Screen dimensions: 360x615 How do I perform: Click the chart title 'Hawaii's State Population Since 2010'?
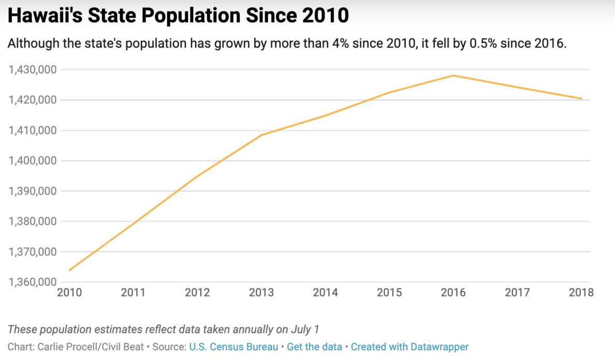click(179, 16)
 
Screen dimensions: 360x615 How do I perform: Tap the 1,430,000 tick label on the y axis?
click(32, 69)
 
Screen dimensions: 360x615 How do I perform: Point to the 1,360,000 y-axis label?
click(32, 282)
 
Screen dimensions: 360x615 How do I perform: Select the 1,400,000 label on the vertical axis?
click(32, 161)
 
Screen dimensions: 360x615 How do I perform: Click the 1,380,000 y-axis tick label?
click(32, 222)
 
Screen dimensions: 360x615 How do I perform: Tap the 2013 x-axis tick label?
click(261, 293)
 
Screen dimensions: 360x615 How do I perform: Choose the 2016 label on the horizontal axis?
click(453, 293)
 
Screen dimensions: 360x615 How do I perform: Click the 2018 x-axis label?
click(581, 293)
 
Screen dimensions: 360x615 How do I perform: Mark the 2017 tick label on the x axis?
click(518, 293)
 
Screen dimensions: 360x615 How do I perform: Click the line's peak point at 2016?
click(453, 76)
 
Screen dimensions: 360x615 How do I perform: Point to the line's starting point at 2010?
click(69, 270)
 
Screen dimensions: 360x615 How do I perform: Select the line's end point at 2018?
click(581, 98)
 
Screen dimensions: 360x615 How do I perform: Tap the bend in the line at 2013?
click(261, 135)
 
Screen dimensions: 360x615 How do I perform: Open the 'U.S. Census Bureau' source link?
click(233, 347)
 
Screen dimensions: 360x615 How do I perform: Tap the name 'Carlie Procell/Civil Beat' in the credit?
click(91, 347)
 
